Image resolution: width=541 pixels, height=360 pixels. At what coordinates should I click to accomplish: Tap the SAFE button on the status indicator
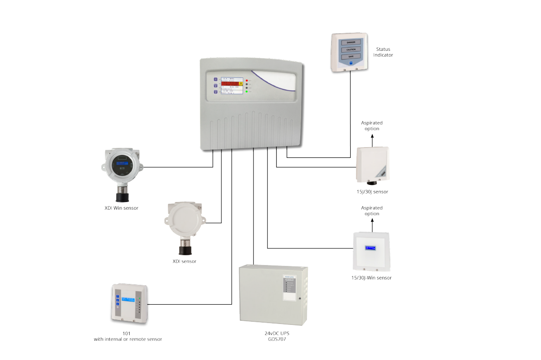point(351,56)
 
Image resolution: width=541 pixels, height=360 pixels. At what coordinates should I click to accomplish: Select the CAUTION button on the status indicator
point(351,49)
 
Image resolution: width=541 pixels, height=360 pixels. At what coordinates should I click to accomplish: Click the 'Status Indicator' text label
point(383,52)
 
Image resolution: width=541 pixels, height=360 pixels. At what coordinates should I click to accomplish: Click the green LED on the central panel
point(247,91)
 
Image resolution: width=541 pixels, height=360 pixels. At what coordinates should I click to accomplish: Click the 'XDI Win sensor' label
point(121,208)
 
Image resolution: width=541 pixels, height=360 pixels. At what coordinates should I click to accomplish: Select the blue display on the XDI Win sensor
point(122,164)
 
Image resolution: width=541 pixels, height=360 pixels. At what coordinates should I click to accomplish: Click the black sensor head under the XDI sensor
point(185,249)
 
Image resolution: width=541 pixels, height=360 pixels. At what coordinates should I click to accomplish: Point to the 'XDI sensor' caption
point(185,261)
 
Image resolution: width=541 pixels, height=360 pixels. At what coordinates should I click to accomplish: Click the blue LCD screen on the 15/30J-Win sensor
point(371,248)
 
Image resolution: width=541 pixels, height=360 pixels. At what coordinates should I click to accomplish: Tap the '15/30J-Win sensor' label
point(371,278)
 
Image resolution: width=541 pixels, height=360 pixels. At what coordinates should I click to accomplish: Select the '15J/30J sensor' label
point(372,192)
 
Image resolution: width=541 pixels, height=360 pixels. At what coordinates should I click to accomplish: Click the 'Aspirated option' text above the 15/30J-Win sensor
point(372,211)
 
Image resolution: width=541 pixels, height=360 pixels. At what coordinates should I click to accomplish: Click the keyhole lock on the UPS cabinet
point(299,298)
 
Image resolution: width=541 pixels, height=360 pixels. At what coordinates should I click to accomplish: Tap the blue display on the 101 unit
point(128,299)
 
